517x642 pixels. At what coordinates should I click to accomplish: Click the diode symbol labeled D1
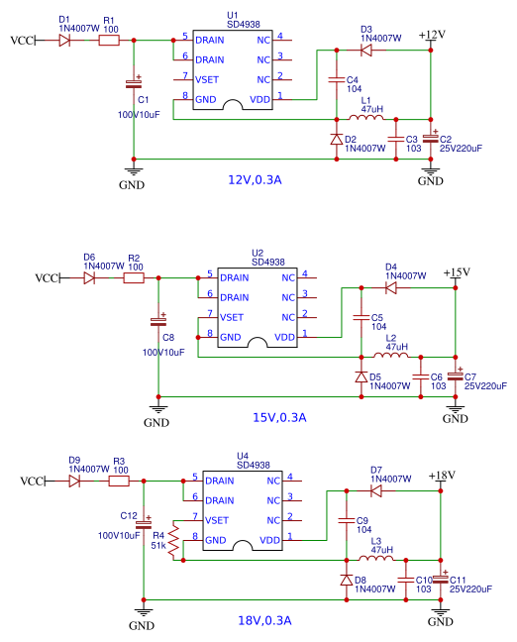pyautogui.click(x=64, y=40)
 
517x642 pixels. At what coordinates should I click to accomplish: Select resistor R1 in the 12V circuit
pyautogui.click(x=109, y=40)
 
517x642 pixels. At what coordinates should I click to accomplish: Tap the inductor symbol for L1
pyautogui.click(x=366, y=118)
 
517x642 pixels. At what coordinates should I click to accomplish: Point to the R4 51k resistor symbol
pyautogui.click(x=174, y=541)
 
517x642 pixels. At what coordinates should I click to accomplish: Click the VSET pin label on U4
pyautogui.click(x=217, y=520)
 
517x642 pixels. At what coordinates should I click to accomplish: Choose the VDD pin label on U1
pyautogui.click(x=259, y=99)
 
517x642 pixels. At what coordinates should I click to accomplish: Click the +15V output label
pyautogui.click(x=457, y=272)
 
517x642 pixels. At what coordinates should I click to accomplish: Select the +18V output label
pyautogui.click(x=442, y=476)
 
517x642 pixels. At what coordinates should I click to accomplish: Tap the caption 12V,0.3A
pyautogui.click(x=255, y=179)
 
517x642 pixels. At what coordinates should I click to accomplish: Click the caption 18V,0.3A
pyautogui.click(x=264, y=620)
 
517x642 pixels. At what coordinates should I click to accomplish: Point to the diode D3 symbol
pyautogui.click(x=366, y=51)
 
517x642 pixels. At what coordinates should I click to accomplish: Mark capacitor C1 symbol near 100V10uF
pyautogui.click(x=134, y=84)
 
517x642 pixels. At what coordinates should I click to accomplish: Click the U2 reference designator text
pyautogui.click(x=258, y=253)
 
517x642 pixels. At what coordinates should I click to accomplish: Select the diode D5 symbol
pyautogui.click(x=362, y=377)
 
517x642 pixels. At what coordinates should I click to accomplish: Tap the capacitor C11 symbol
pyautogui.click(x=441, y=579)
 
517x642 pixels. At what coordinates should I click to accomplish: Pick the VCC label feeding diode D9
pyautogui.click(x=32, y=481)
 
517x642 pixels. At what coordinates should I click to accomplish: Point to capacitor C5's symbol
pyautogui.click(x=362, y=317)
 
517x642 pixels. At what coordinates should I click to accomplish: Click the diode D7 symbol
pyautogui.click(x=376, y=491)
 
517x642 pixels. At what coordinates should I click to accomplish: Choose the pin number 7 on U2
pyautogui.click(x=210, y=314)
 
